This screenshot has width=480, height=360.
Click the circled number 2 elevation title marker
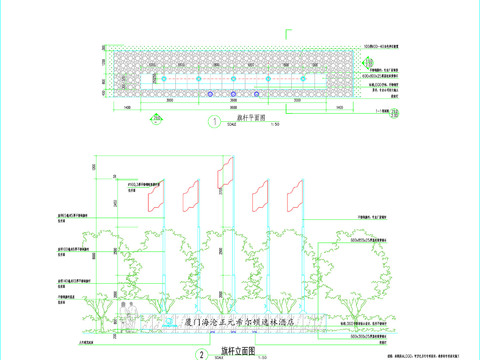pyautogui.click(x=202, y=353)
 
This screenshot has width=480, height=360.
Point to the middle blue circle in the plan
pyautogui.click(x=233, y=95)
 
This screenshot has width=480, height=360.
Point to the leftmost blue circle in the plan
pyautogui.click(x=210, y=95)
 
